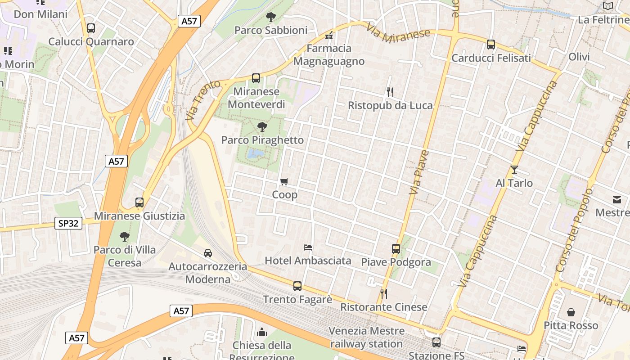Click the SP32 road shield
pyautogui.click(x=68, y=223)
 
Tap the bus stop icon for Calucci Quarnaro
pyautogui.click(x=91, y=28)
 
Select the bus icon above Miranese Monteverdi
pyautogui.click(x=256, y=78)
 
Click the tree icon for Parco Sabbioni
pyautogui.click(x=270, y=17)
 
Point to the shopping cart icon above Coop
pyautogui.click(x=284, y=182)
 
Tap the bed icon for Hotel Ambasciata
pyautogui.click(x=308, y=247)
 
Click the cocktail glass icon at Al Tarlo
pyautogui.click(x=514, y=170)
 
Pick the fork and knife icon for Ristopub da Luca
pyautogui.click(x=390, y=92)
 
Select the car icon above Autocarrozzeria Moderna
pyautogui.click(x=207, y=253)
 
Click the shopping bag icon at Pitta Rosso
pyautogui.click(x=571, y=312)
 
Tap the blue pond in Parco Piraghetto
pyautogui.click(x=255, y=154)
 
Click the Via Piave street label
pyautogui.click(x=419, y=173)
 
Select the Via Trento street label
pyautogui.click(x=203, y=99)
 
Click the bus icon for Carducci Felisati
pyautogui.click(x=490, y=45)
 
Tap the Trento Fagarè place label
pyautogui.click(x=297, y=299)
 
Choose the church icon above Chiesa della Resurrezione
pyautogui.click(x=261, y=333)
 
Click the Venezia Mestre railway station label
pyautogui.click(x=366, y=337)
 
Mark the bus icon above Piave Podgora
pyautogui.click(x=396, y=249)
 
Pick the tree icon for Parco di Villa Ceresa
pyautogui.click(x=125, y=236)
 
